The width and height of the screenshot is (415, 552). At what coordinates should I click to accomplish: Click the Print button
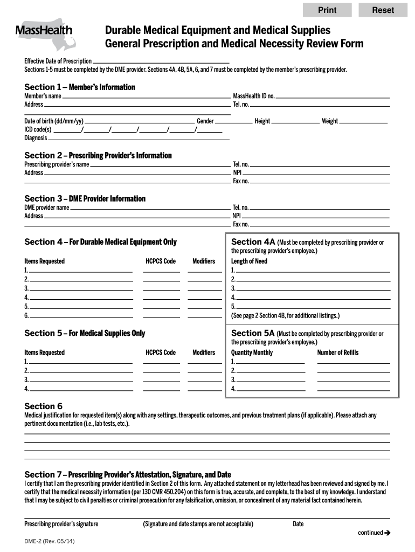[x=327, y=10]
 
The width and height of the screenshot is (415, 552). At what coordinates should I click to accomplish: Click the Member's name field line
[x=146, y=96]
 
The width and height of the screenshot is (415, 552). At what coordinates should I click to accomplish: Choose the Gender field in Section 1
[x=233, y=121]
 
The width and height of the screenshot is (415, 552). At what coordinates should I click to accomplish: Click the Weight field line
[x=363, y=121]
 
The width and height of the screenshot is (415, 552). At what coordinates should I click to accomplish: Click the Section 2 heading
[x=98, y=155]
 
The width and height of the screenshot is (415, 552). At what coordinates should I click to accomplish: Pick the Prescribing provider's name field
[x=160, y=164]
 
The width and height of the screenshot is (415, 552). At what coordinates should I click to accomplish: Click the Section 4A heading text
[x=253, y=241]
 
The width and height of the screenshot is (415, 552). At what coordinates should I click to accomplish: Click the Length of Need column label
[x=249, y=261]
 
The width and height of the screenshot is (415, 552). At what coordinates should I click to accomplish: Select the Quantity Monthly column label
[x=252, y=353]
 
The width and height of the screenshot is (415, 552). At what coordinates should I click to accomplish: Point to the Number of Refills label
[x=337, y=353]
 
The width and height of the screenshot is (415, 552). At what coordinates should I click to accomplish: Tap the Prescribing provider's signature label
[x=61, y=524]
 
